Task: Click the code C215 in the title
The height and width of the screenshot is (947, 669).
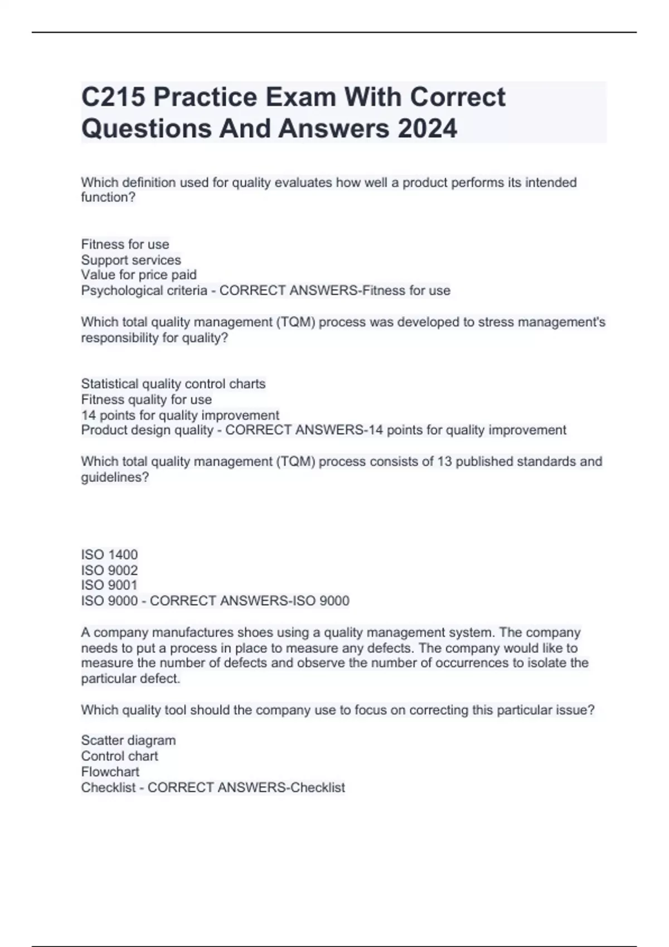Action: click(113, 97)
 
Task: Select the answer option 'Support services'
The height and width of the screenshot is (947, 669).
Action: click(131, 260)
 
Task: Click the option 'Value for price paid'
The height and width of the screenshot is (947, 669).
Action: click(139, 275)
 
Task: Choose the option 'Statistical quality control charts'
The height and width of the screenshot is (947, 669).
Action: click(173, 384)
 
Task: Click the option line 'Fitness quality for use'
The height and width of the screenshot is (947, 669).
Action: click(147, 399)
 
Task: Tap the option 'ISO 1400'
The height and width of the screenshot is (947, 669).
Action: click(109, 554)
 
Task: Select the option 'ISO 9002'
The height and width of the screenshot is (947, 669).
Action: click(109, 570)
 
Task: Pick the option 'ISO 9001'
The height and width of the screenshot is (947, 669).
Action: click(109, 585)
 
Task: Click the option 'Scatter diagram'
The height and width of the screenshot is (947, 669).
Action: click(128, 740)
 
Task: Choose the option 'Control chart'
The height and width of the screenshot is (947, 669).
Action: click(119, 756)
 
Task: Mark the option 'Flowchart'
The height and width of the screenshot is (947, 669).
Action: click(110, 772)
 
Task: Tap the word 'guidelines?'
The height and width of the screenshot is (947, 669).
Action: click(115, 477)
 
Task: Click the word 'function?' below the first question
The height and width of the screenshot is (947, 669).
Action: click(108, 197)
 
